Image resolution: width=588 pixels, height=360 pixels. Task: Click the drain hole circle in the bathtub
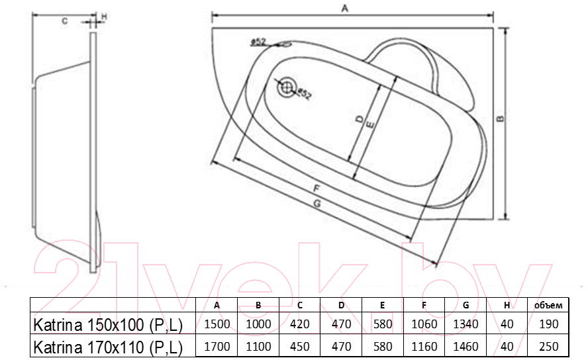287,87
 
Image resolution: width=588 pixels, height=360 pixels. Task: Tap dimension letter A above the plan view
344,8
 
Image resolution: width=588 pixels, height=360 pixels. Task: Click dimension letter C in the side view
64,21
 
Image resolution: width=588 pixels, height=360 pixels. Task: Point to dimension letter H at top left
104,17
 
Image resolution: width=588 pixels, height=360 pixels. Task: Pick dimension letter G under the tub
317,203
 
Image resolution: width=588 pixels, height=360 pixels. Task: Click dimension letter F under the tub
316,188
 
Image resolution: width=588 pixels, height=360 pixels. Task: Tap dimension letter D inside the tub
360,119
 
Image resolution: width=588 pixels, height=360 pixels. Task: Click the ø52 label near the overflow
258,42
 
